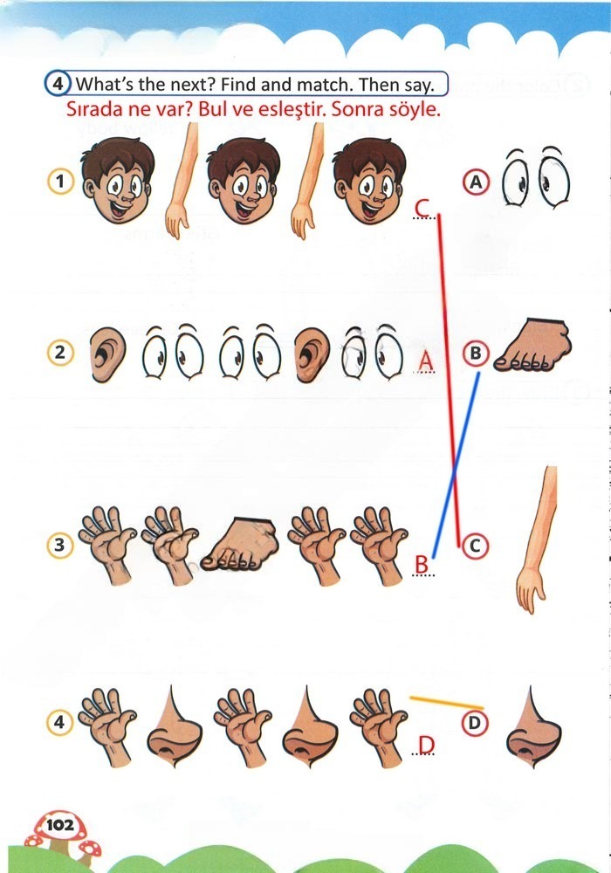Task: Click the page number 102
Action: point(60,825)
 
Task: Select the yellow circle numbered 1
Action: point(60,181)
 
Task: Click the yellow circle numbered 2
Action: point(60,353)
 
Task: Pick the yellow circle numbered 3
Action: point(59,545)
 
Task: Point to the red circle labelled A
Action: point(476,182)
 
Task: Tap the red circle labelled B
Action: point(476,353)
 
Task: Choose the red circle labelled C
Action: point(475,546)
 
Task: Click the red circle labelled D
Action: point(474,723)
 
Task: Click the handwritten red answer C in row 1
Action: point(422,208)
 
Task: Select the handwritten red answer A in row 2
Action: point(426,361)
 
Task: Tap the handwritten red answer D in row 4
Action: point(426,744)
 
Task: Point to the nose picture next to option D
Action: point(533,727)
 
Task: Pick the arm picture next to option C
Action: point(537,540)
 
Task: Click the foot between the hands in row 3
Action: point(238,544)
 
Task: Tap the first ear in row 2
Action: point(106,354)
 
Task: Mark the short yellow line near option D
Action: point(446,702)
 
